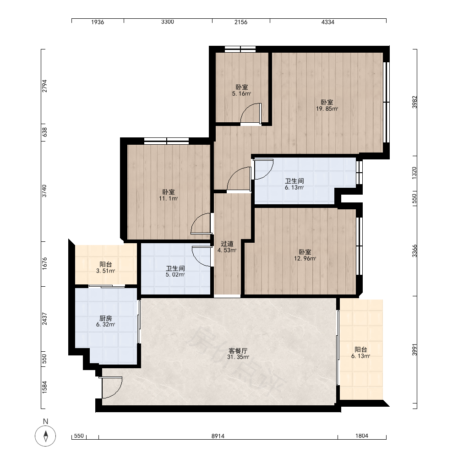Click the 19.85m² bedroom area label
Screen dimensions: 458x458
coord(327,105)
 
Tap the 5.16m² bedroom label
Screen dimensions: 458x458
coord(241,90)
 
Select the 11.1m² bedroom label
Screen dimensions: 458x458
coord(169,195)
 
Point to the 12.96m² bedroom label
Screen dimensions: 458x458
coord(305,255)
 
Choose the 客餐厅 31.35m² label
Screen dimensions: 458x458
coord(238,354)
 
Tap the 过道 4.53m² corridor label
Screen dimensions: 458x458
coord(227,247)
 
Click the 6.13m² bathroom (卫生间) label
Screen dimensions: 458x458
coord(294,184)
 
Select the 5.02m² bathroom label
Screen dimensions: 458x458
coord(175,271)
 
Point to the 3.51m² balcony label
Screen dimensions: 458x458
coord(105,267)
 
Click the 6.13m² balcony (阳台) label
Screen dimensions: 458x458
coord(361,353)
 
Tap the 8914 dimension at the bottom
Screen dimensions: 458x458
coord(218,436)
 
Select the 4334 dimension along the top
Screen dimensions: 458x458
coord(328,22)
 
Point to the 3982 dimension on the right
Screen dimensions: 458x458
coord(415,102)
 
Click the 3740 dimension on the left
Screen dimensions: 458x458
coord(44,191)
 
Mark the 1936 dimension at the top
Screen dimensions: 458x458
coord(98,22)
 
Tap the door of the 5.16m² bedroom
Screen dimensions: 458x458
coord(251,114)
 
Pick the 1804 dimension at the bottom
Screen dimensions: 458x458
coord(362,436)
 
